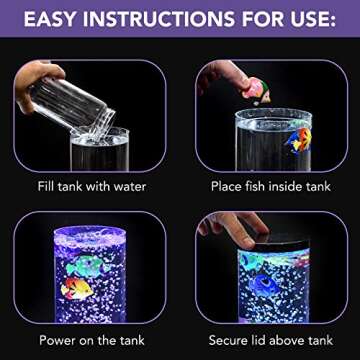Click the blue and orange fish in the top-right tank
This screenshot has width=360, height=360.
(296, 138)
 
